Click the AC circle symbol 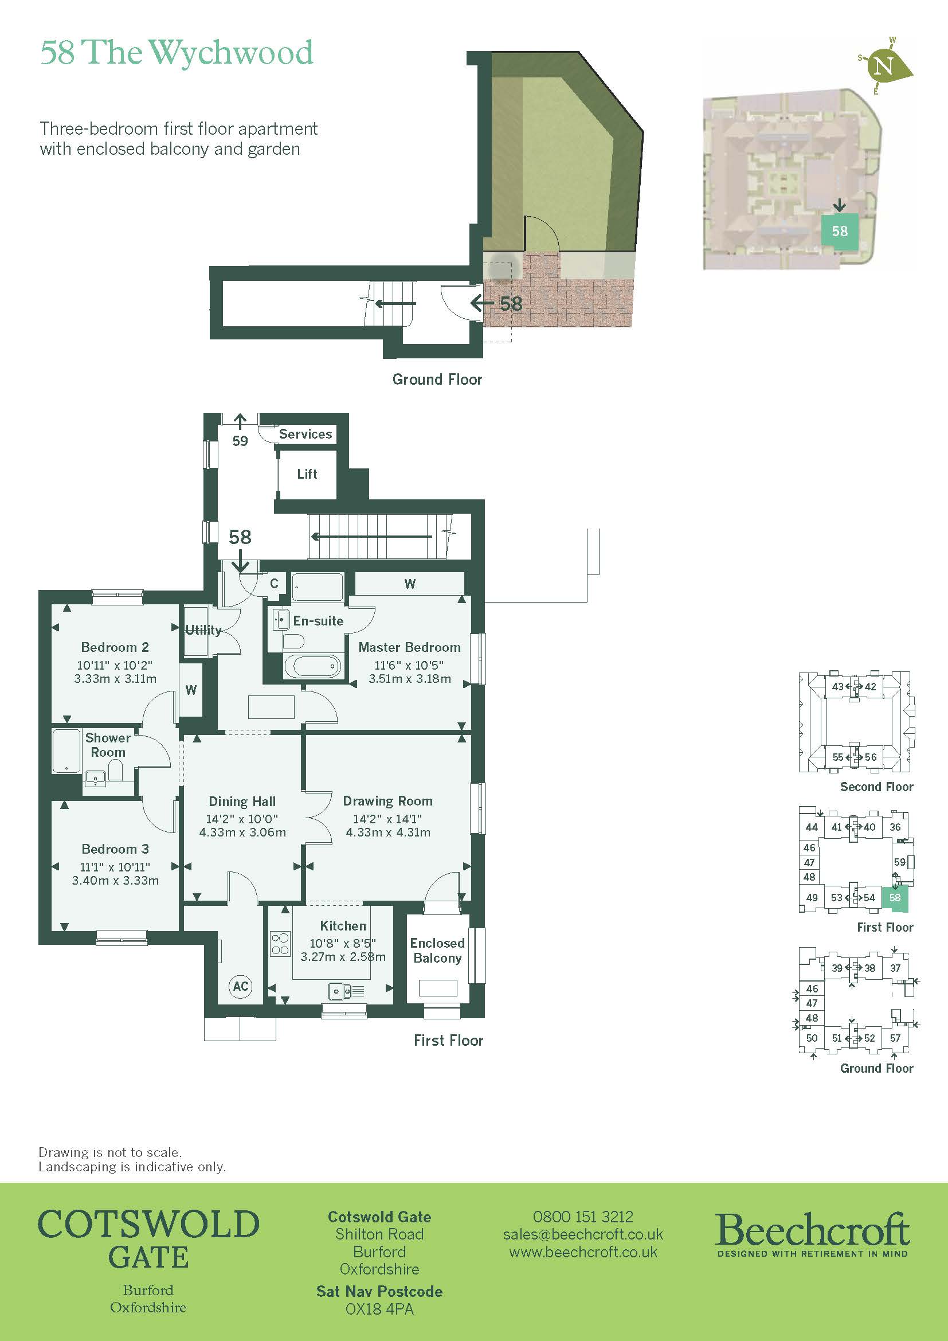[x=241, y=987]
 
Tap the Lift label [x=307, y=474]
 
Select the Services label [x=305, y=434]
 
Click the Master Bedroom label [x=409, y=647]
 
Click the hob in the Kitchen [x=280, y=944]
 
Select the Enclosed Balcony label [x=437, y=950]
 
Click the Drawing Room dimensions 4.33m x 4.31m [x=388, y=832]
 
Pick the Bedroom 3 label [x=115, y=849]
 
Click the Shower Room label [x=107, y=745]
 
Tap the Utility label [x=203, y=630]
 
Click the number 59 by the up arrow [x=240, y=441]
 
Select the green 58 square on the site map [x=840, y=231]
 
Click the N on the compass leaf [x=885, y=65]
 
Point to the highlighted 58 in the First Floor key [x=895, y=898]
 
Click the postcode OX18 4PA [x=379, y=1309]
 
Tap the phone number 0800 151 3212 [x=582, y=1217]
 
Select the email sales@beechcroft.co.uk [x=582, y=1234]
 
